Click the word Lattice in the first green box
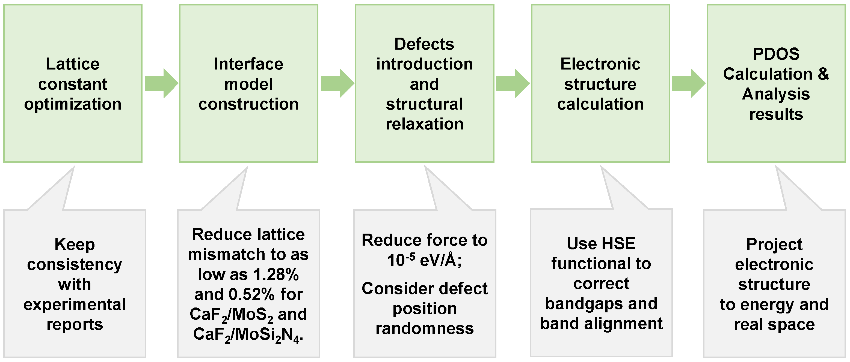(x=73, y=64)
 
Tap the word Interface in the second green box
(x=248, y=64)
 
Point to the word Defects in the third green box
(x=424, y=44)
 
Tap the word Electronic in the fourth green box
(x=600, y=64)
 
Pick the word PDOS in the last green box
(x=776, y=54)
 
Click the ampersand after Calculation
(x=823, y=74)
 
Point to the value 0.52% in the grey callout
(x=251, y=294)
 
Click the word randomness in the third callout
(x=424, y=328)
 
